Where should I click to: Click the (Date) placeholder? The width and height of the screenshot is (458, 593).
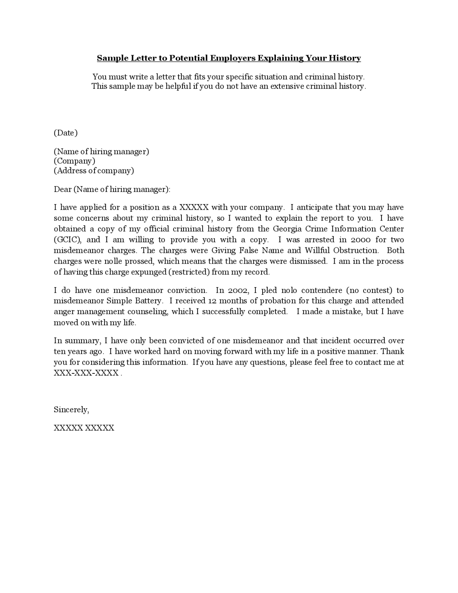[x=65, y=133]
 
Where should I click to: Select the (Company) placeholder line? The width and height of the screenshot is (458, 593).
[x=74, y=161]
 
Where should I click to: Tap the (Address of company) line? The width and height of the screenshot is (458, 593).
[x=94, y=170]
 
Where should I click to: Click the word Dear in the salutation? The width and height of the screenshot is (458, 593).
[x=63, y=189]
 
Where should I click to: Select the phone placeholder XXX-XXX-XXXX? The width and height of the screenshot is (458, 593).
[x=86, y=373]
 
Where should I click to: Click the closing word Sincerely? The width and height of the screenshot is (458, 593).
[x=71, y=410]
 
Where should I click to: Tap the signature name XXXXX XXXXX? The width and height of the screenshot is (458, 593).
[x=84, y=428]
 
